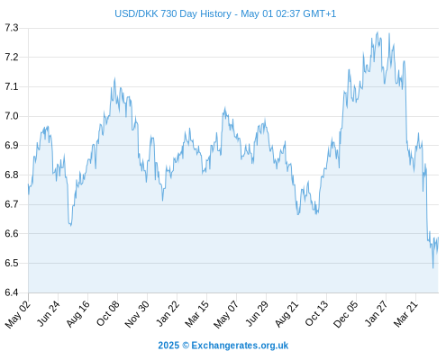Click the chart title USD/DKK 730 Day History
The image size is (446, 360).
pos(173,13)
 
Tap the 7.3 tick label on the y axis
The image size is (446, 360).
pos(12,28)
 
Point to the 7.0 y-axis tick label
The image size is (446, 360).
pos(12,116)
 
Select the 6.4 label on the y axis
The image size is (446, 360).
pos(12,292)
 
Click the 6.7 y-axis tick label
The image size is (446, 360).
pos(12,204)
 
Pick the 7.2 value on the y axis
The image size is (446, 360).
pos(12,57)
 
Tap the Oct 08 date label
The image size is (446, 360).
pos(108,313)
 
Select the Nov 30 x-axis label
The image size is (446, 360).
pos(137,314)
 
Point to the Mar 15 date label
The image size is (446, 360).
pos(196,314)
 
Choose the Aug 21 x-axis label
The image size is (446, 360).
pos(287,314)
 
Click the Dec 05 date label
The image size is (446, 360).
pos(346,314)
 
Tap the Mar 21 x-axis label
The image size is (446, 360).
pos(405,314)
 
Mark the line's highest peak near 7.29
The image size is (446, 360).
pos(378,32)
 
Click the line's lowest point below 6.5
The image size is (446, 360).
pos(432,268)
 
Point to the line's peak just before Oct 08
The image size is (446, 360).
pos(114,78)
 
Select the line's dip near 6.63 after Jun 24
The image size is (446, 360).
pos(70,225)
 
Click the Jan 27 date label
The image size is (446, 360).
pos(377,314)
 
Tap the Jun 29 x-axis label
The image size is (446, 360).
pos(256,314)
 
